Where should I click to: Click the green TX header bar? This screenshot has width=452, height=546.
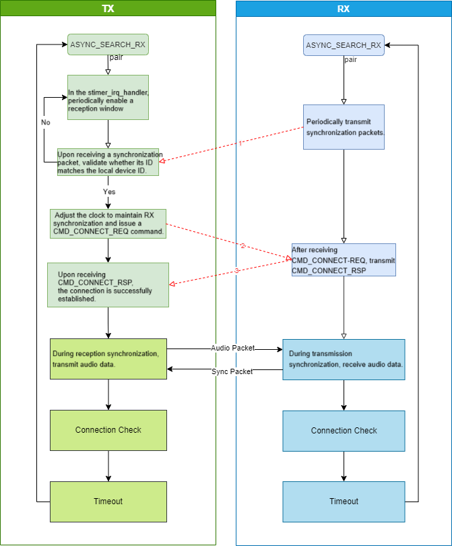coord(108,8)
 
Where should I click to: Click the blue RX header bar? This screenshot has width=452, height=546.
coord(344,8)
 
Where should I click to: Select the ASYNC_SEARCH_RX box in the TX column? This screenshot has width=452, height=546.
coord(108,45)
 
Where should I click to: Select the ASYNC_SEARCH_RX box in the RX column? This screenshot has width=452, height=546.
coord(344,45)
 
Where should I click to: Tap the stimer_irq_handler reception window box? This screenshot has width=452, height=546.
coord(108,97)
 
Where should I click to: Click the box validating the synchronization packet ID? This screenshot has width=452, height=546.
coord(108,162)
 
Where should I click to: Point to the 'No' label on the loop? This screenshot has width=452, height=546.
coord(46,123)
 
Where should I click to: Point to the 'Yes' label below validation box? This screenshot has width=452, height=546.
coord(108,191)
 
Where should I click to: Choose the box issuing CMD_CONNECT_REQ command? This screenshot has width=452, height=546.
coord(108,223)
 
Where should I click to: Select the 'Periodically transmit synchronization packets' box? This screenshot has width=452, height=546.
coord(344,127)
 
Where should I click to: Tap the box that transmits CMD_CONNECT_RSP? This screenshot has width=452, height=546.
coord(344,260)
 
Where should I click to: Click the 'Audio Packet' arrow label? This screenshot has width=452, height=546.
coord(232,348)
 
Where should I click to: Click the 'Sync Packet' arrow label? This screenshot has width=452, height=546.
coord(232,371)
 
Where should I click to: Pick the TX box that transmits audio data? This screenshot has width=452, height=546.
coord(108,359)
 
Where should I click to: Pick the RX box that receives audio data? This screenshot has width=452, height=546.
coord(344,359)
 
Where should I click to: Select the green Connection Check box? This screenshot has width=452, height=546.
coord(108,430)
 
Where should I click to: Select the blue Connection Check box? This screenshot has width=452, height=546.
coord(344,431)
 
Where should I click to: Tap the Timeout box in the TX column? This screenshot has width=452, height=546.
coord(108,502)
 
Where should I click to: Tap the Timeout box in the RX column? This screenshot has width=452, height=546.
coord(344,502)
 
